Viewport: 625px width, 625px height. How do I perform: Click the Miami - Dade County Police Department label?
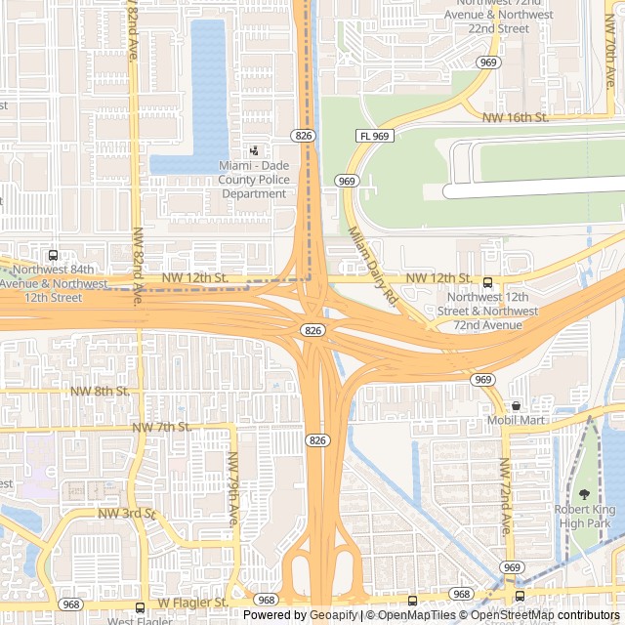coord(254,180)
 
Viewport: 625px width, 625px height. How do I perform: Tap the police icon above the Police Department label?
coord(254,151)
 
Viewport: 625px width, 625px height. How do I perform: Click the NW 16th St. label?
coord(516,117)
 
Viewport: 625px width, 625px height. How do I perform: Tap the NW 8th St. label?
coord(100,391)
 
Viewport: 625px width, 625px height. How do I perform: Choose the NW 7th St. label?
coord(161,427)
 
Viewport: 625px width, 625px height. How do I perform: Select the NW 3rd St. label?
coord(127,513)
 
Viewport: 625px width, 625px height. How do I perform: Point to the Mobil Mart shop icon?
coord(516,405)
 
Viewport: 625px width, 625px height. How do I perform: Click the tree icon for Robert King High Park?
coord(585,494)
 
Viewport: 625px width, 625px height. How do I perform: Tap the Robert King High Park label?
coord(584,517)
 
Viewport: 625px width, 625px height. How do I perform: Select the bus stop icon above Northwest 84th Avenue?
coord(53,256)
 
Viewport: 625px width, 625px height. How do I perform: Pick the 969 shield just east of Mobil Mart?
coord(482,379)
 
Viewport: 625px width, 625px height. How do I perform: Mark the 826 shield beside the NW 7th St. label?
coord(315,440)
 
